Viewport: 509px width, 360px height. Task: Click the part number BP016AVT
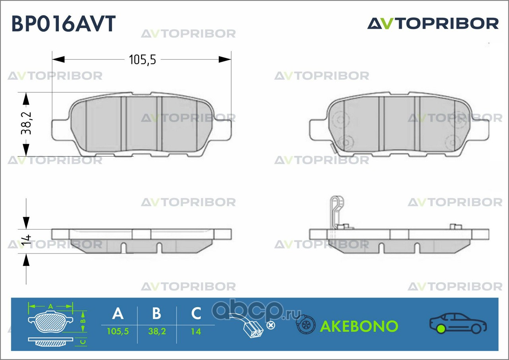[x=64, y=23]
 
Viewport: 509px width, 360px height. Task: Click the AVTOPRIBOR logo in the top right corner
[x=433, y=23]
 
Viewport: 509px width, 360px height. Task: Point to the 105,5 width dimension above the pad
[x=142, y=60]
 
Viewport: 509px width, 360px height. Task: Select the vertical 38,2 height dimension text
[x=26, y=123]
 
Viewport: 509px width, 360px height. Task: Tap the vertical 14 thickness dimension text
[x=26, y=239]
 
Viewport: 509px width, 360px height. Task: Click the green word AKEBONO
[x=359, y=326]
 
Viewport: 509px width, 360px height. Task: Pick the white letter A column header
[x=118, y=313]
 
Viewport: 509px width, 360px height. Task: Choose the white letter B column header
[x=157, y=313]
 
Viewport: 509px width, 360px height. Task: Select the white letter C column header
[x=196, y=313]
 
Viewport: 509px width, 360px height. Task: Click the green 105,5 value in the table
[x=118, y=332]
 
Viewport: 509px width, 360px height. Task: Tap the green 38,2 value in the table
[x=157, y=332]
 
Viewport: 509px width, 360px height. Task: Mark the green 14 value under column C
[x=196, y=332]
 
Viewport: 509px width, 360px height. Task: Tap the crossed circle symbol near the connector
[x=270, y=325]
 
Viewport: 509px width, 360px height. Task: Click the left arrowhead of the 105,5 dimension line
[x=58, y=60]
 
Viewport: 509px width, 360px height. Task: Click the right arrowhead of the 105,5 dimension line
[x=225, y=60]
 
